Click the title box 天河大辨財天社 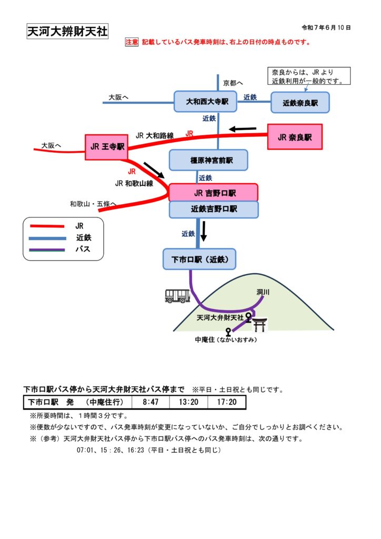pyautogui.click(x=67, y=32)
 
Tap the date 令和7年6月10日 pyautogui.click(x=326, y=27)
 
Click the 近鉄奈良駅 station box pyautogui.click(x=300, y=103)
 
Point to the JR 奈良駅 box pyautogui.click(x=294, y=137)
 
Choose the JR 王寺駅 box pyautogui.click(x=106, y=147)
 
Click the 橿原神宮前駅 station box pyautogui.click(x=208, y=160)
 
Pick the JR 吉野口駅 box pyautogui.click(x=213, y=193)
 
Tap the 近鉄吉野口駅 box pyautogui.click(x=213, y=209)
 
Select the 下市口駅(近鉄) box pyautogui.click(x=199, y=259)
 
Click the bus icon pyautogui.click(x=177, y=296)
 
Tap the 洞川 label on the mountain pyautogui.click(x=263, y=293)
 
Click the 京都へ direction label pyautogui.click(x=233, y=83)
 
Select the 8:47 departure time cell pyautogui.click(x=151, y=403)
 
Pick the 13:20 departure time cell pyautogui.click(x=188, y=403)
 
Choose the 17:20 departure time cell pyautogui.click(x=226, y=403)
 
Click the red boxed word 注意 pyautogui.click(x=132, y=42)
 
